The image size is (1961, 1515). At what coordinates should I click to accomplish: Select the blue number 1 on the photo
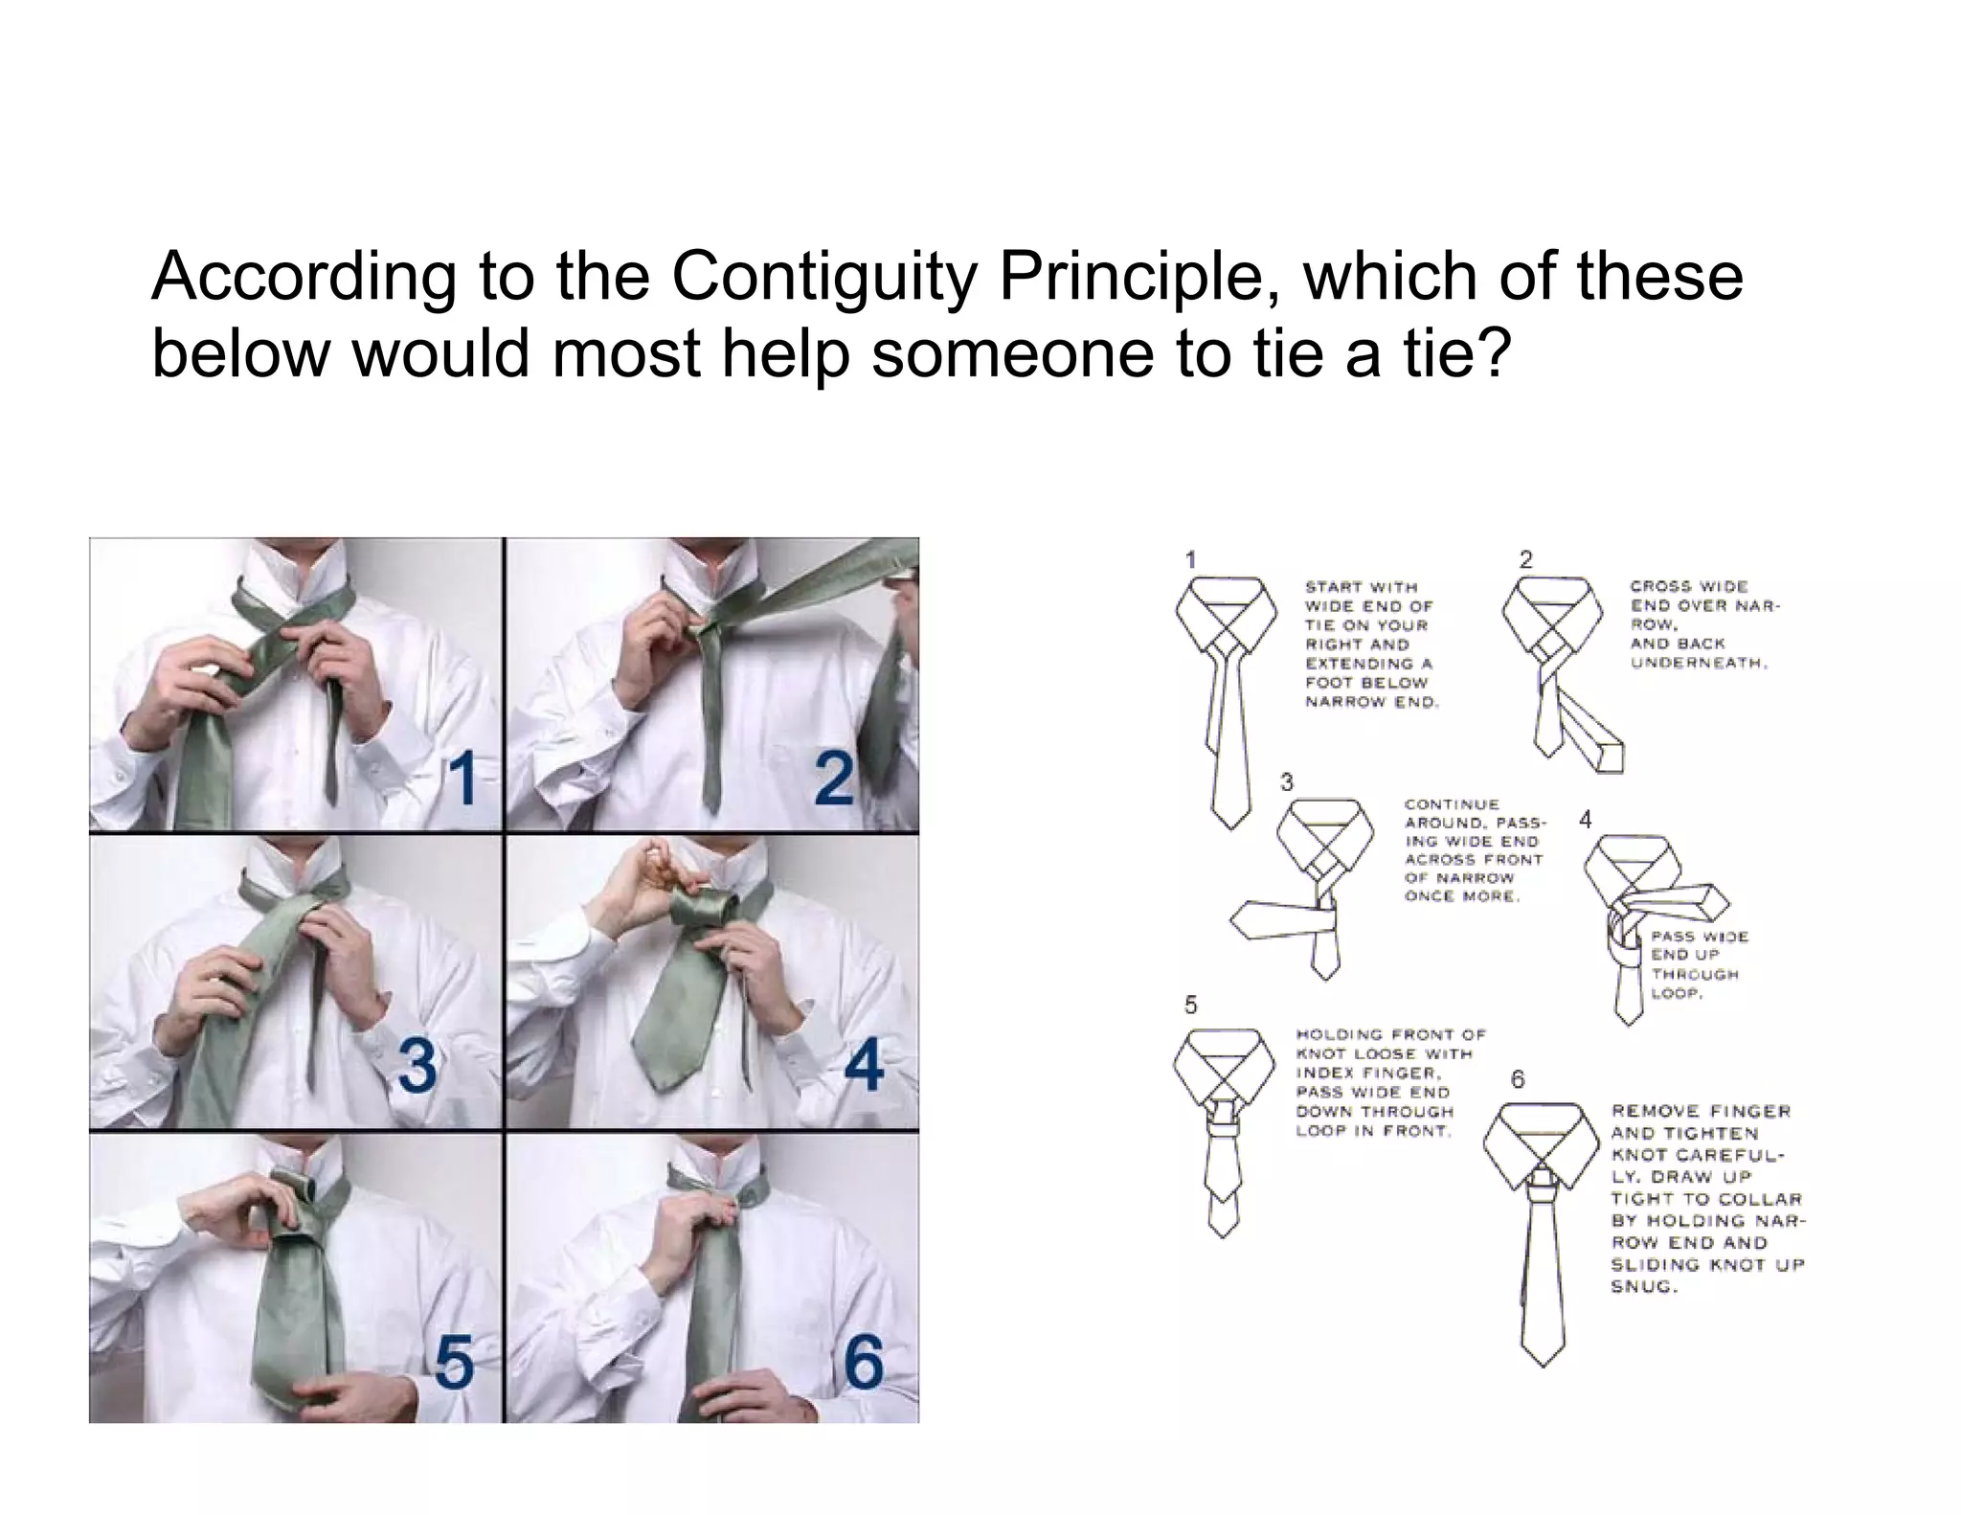(x=463, y=779)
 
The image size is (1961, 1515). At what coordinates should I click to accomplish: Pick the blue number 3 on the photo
(x=418, y=1067)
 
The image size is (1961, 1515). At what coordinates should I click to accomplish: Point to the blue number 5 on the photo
(x=454, y=1364)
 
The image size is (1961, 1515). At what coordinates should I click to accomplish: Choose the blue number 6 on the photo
(x=864, y=1364)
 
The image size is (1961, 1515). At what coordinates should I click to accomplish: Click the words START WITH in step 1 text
(x=1361, y=587)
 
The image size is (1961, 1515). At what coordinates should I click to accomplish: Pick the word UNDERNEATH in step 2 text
(x=1698, y=663)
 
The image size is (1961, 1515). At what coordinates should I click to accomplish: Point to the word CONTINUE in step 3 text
(x=1451, y=804)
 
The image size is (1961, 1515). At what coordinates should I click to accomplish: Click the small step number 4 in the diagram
(x=1586, y=820)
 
